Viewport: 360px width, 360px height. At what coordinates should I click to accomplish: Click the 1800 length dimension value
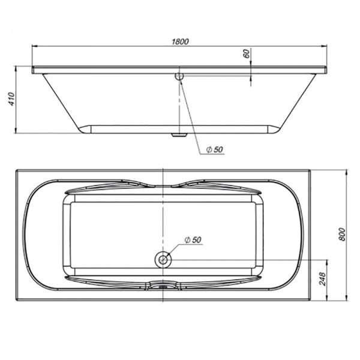(x=181, y=41)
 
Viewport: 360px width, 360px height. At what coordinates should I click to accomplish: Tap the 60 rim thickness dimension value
(x=246, y=53)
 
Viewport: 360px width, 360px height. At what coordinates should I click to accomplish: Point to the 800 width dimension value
(x=342, y=234)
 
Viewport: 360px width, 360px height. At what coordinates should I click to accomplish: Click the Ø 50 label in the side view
(x=214, y=149)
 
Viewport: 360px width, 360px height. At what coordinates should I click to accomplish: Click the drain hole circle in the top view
(x=163, y=260)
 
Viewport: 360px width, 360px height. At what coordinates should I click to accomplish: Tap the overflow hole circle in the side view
(x=179, y=77)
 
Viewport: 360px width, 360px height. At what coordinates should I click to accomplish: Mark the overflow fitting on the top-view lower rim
(x=160, y=287)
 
